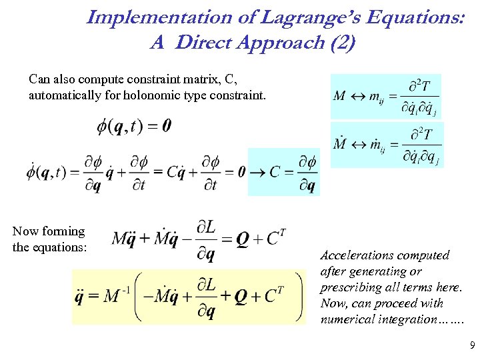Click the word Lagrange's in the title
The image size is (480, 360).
(273, 17)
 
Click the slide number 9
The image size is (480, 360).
(472, 345)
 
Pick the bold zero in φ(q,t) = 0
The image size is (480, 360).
(166, 125)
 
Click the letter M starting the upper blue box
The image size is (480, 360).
(339, 96)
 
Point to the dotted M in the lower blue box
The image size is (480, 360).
(339, 143)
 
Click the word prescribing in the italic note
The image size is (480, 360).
(350, 287)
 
